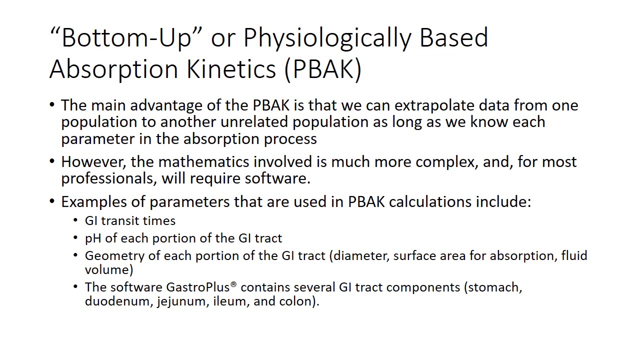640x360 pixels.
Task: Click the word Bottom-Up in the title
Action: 127,37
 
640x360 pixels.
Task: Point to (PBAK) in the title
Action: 322,69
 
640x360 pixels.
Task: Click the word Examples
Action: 103,202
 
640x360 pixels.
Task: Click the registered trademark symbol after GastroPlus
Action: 233,284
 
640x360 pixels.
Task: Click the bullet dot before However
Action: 52,161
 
